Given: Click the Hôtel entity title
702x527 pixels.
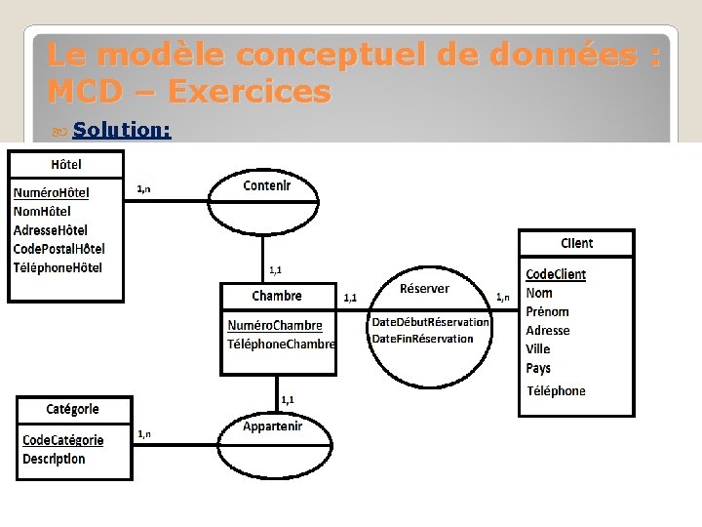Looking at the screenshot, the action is pos(66,165).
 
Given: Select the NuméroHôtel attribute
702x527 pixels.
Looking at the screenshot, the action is pos(51,193).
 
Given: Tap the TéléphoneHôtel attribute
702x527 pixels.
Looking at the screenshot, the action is pos(58,267).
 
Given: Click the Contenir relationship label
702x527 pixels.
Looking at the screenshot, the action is pos(266,185).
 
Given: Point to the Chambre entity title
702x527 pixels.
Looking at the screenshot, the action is pos(277,296).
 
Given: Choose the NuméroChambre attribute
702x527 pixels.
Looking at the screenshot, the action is pos(274,325).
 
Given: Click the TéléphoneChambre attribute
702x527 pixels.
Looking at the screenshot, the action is pos(281,344).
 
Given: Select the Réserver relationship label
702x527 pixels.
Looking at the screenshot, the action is pos(424,288).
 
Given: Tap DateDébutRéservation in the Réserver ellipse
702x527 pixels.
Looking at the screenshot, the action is pos(430,322).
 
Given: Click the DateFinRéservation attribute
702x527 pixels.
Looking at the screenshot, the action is pos(422,339).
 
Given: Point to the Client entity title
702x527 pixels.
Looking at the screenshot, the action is pos(576,243).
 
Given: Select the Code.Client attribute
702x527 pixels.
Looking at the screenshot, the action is pos(556,274).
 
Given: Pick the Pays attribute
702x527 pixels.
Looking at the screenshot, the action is pos(538,368).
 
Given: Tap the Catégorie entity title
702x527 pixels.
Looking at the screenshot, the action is pos(72,409).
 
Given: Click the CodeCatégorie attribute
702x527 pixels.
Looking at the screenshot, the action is pos(62,440).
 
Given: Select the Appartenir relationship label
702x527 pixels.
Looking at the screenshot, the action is pos(272,426).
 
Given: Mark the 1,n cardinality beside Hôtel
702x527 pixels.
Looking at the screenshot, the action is pos(143,188).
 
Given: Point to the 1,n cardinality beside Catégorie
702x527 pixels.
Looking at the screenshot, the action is pos(143,433).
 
